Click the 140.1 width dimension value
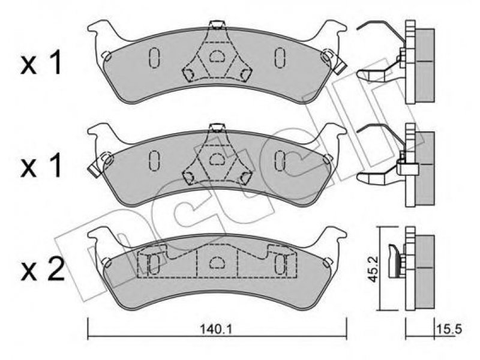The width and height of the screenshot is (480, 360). [216, 329]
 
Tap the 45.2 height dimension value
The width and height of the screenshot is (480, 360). [373, 269]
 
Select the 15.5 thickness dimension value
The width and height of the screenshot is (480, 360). [448, 329]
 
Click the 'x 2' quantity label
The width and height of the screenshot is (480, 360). [43, 269]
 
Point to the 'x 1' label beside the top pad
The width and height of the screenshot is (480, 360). [41, 64]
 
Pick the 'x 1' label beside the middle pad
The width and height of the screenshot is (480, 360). [41, 166]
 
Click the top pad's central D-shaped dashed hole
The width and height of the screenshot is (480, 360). [217, 56]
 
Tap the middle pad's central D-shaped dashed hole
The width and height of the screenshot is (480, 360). [217, 159]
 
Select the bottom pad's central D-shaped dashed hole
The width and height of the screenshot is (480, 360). [217, 262]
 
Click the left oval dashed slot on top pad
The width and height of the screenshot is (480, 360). [154, 57]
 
